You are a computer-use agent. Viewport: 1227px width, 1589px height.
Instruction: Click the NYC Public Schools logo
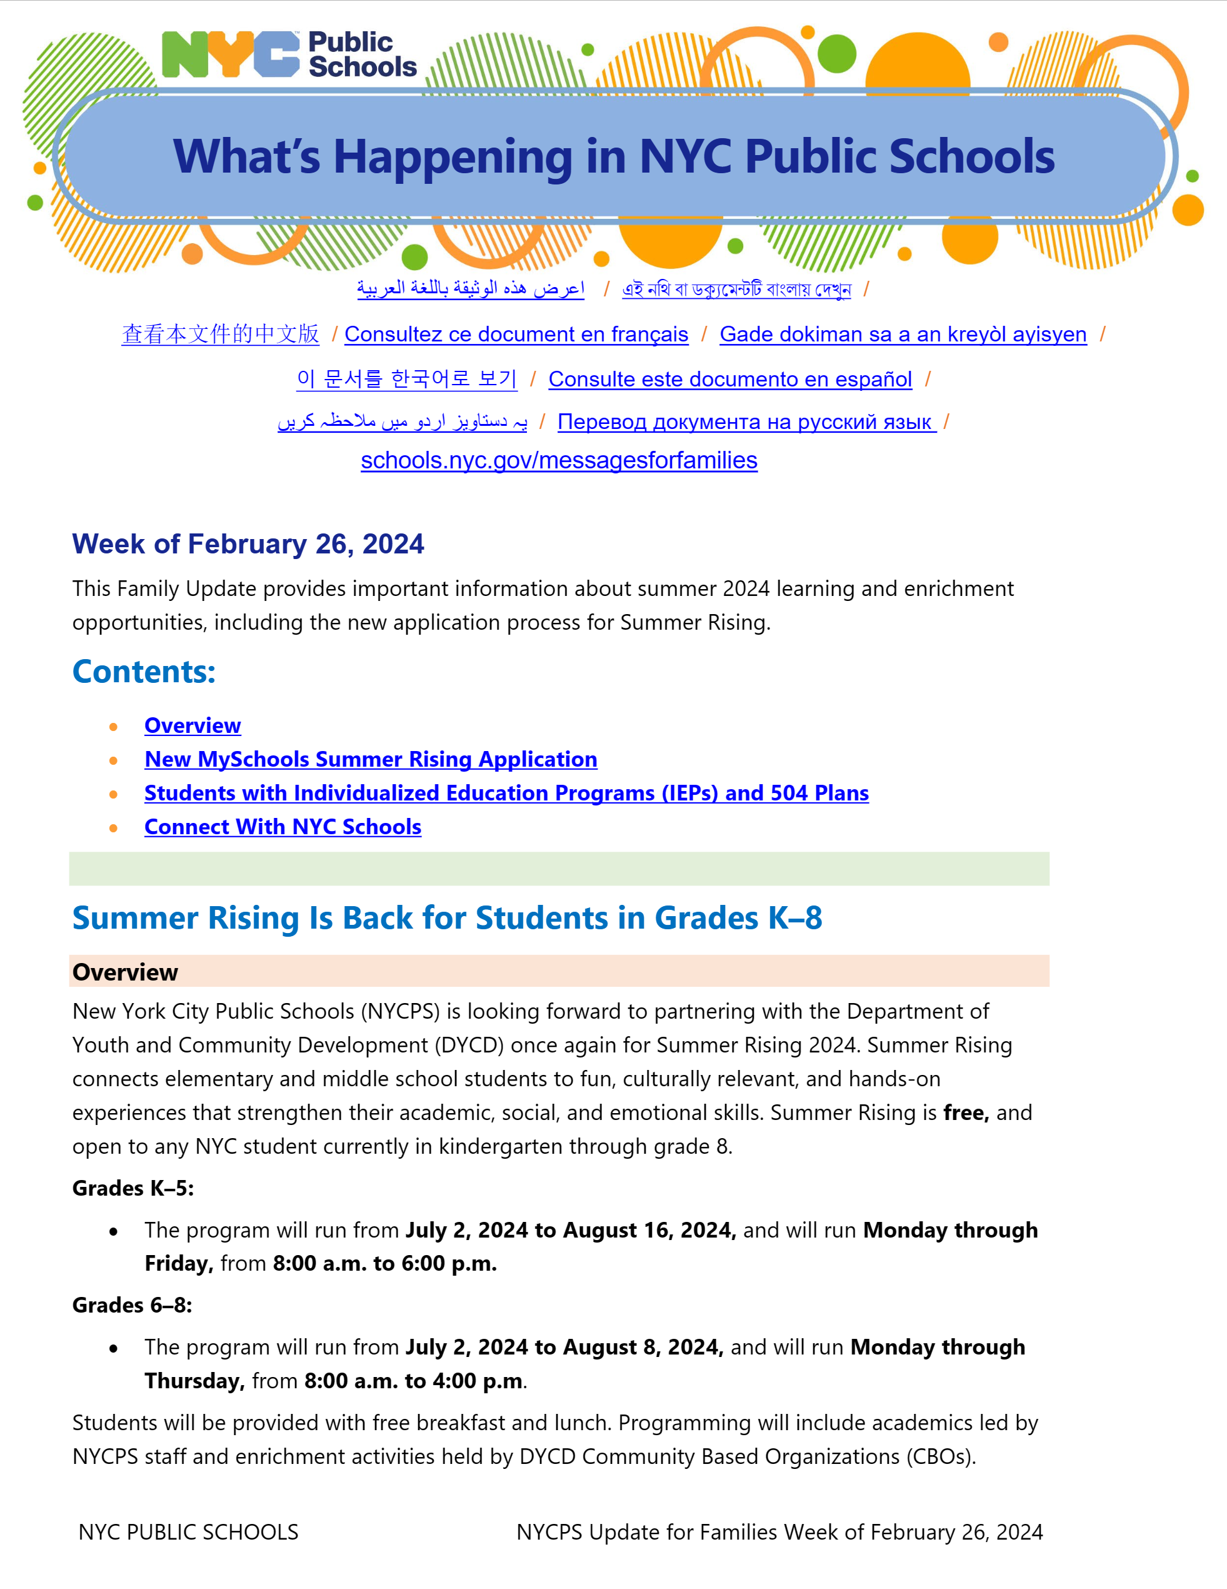click(x=289, y=54)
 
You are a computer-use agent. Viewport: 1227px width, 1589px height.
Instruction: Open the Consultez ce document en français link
click(x=516, y=334)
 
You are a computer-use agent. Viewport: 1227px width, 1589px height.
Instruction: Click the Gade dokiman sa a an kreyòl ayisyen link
click(x=903, y=334)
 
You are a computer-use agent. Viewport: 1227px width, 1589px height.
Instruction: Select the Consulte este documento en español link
click(x=729, y=379)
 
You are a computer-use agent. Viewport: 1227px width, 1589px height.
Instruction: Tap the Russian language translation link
click(x=746, y=422)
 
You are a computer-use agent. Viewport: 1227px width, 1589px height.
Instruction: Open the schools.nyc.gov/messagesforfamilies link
click(x=559, y=460)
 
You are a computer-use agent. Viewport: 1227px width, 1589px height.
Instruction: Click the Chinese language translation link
click(x=221, y=334)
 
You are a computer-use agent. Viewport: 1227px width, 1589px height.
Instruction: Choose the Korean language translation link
click(x=406, y=379)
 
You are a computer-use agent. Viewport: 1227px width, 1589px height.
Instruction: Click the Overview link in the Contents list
click(x=192, y=725)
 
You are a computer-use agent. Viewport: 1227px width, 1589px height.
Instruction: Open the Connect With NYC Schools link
click(x=282, y=827)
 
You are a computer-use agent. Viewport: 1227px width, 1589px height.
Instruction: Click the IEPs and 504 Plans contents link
click(x=506, y=793)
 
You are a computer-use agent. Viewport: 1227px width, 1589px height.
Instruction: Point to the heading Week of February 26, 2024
click(x=248, y=544)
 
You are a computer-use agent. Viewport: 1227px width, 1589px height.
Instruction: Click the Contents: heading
click(x=144, y=672)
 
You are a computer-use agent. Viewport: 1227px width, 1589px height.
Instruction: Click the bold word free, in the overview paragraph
click(x=965, y=1112)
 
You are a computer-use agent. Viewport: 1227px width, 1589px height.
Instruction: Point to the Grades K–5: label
click(x=133, y=1188)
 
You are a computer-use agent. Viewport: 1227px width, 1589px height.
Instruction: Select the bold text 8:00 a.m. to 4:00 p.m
click(x=413, y=1381)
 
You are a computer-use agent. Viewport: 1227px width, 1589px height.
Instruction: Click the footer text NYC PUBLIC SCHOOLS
click(x=188, y=1532)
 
